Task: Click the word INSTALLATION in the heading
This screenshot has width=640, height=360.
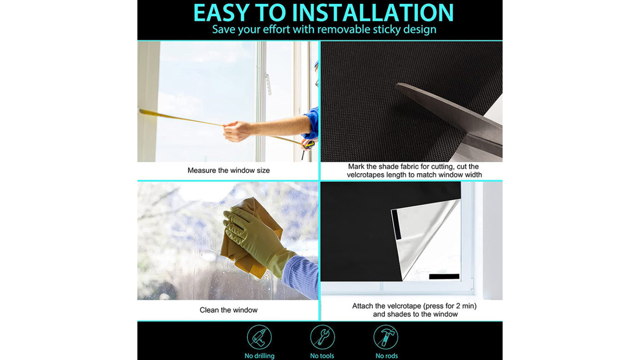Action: pos(372,12)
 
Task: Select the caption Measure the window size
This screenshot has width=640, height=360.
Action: pos(229,170)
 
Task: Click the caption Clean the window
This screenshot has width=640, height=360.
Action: pos(229,310)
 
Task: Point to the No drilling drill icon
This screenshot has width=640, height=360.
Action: pos(259,337)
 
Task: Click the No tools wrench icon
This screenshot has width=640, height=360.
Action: pos(322,337)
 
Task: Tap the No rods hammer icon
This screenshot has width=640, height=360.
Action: pos(386,337)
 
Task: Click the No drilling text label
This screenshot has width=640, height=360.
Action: pos(259,356)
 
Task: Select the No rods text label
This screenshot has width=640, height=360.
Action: pos(387,356)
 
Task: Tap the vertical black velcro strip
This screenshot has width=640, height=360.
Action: pos(396,224)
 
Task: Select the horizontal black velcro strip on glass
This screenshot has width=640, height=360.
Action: pos(444,276)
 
